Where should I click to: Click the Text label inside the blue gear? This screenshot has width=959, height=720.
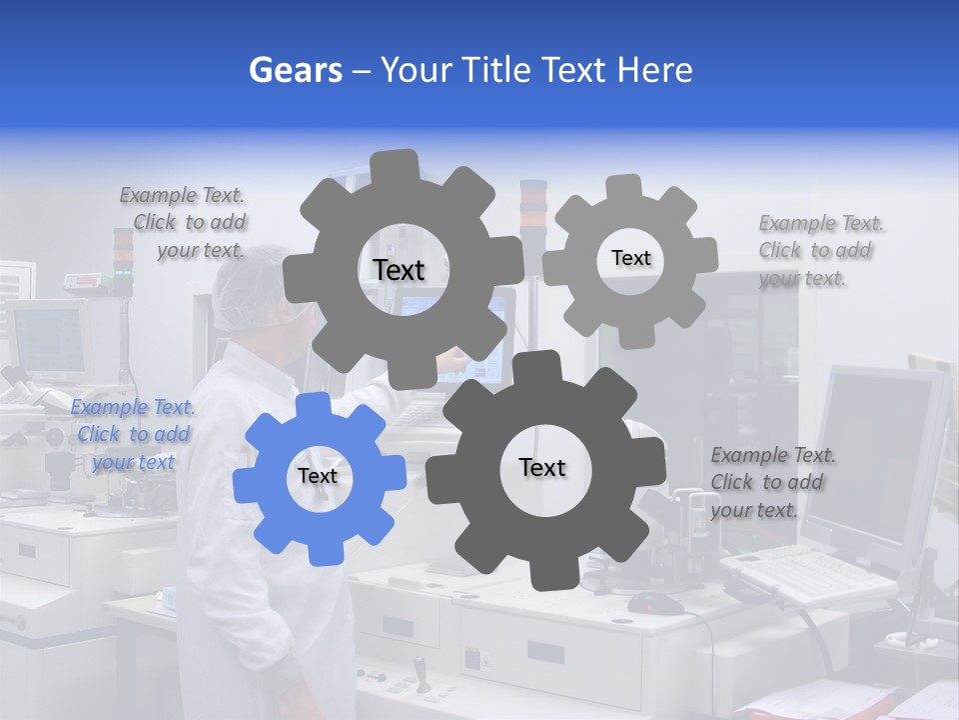tap(318, 477)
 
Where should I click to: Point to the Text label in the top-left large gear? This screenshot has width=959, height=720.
tap(399, 271)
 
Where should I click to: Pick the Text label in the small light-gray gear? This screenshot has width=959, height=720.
tap(630, 258)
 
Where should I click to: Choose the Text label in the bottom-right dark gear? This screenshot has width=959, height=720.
tap(541, 468)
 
